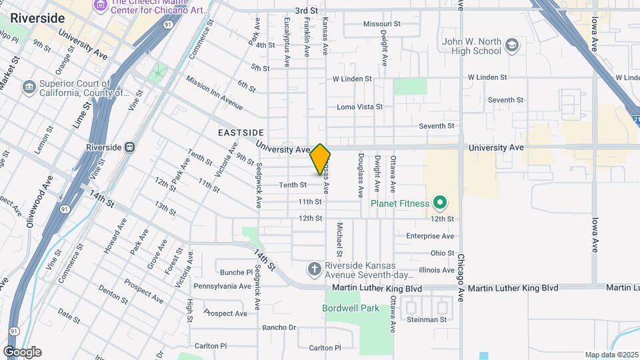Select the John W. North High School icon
[512, 45]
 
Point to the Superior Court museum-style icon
[29, 87]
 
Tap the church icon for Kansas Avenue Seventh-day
[315, 269]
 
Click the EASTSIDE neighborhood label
[241, 133]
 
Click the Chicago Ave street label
[461, 273]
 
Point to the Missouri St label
[381, 24]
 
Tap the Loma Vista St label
[359, 107]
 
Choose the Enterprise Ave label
[430, 236]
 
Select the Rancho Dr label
[279, 327]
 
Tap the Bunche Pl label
[233, 272]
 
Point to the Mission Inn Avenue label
[214, 92]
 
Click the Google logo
[21, 352]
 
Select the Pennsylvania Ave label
[222, 286]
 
